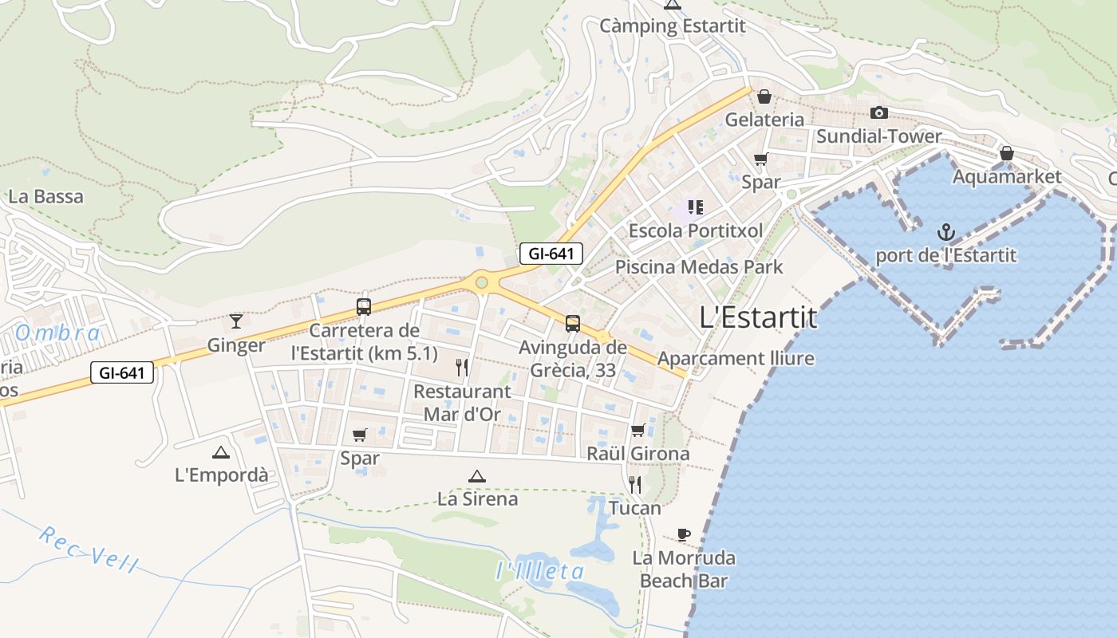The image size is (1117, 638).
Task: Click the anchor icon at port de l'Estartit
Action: click(x=945, y=233)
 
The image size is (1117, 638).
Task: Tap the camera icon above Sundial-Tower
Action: click(x=878, y=113)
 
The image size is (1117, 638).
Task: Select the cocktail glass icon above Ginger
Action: click(x=236, y=321)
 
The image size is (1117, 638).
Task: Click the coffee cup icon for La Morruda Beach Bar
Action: click(x=683, y=534)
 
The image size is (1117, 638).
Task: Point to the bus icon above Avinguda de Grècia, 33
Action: click(x=573, y=324)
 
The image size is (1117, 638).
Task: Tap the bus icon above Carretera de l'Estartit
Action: click(x=364, y=307)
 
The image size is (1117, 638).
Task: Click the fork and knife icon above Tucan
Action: click(x=635, y=484)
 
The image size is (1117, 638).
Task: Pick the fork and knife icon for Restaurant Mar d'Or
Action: click(x=461, y=368)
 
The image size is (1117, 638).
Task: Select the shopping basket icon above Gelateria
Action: click(x=764, y=96)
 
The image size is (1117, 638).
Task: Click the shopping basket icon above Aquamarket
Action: click(x=1007, y=153)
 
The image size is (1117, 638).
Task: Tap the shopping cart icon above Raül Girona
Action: click(x=637, y=431)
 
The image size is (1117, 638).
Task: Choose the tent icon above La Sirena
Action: click(x=477, y=477)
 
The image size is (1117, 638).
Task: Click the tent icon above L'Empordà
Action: click(x=221, y=452)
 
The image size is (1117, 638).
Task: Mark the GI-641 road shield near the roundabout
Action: click(x=551, y=254)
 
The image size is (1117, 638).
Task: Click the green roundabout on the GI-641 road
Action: click(x=481, y=282)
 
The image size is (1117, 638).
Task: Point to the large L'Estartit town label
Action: click(x=758, y=317)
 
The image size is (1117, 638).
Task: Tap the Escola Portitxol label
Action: click(x=696, y=230)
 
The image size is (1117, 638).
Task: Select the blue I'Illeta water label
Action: click(x=540, y=571)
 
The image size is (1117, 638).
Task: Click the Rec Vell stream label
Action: click(x=88, y=549)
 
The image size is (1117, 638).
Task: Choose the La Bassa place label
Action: click(x=45, y=196)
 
